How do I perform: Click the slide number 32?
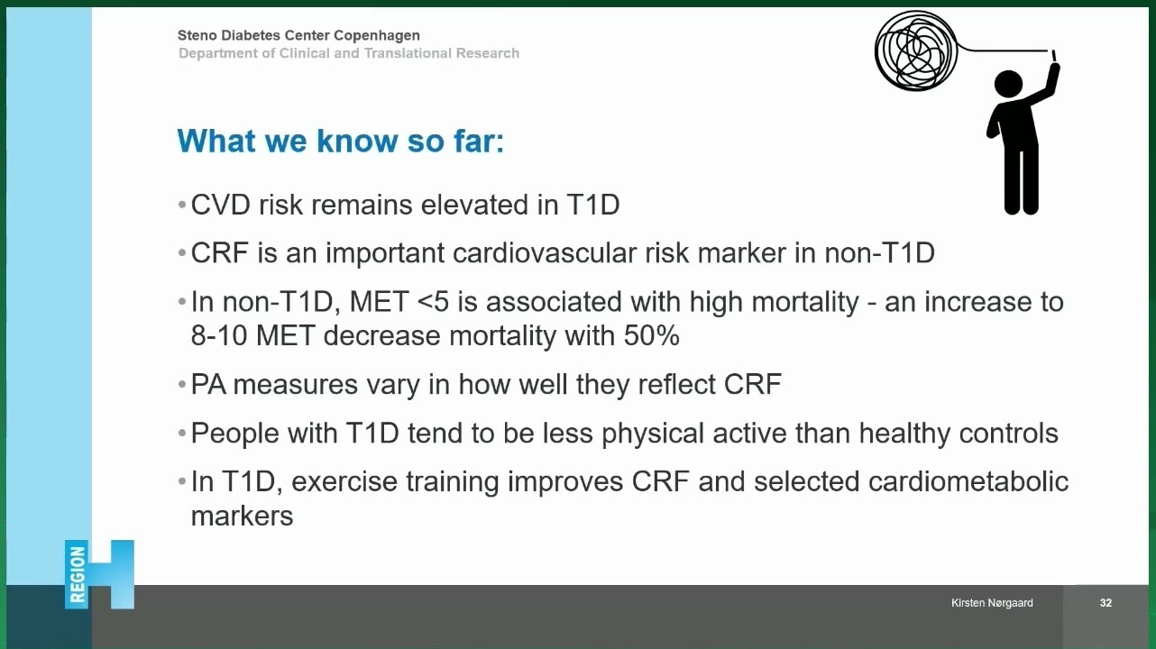(x=1106, y=603)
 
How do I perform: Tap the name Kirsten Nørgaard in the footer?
(x=992, y=603)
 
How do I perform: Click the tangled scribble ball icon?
(x=916, y=50)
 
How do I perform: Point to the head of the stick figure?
(x=1008, y=84)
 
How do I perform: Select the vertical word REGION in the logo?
(x=77, y=575)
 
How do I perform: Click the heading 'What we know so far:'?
(x=341, y=141)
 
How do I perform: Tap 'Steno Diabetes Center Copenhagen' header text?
(x=298, y=35)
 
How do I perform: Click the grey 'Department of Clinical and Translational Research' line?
(x=349, y=53)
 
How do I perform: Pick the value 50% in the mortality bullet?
(x=651, y=336)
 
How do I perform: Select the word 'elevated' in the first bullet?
(x=474, y=205)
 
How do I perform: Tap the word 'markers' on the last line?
(x=242, y=516)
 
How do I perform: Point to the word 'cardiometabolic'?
(x=968, y=482)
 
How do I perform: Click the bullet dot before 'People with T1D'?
(x=181, y=434)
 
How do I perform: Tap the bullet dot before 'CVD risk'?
(x=181, y=206)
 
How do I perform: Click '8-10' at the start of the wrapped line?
(x=219, y=336)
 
